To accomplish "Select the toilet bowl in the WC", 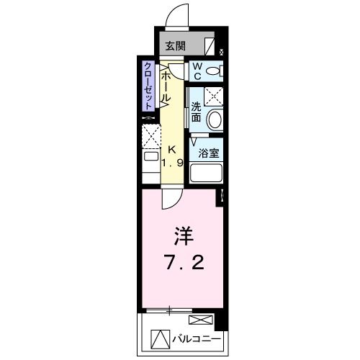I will pos(212,71).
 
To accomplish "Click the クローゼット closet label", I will pos(148,86).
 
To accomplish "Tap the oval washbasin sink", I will pos(214,120).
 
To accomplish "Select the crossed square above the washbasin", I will pos(213,96).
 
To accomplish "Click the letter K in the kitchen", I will pos(171,149).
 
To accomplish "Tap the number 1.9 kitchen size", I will pos(173,163).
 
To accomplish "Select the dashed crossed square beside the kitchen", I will pos(150,135).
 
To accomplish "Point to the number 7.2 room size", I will pos(184,263).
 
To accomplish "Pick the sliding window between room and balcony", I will pos(170,311).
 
